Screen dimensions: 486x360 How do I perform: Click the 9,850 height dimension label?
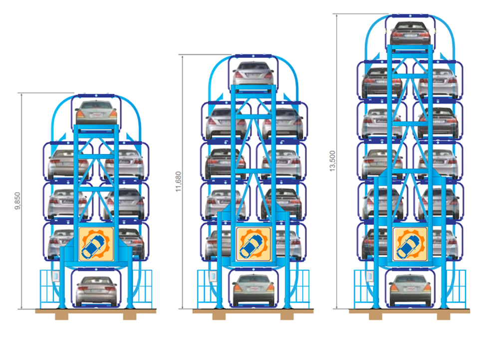pos(17,201)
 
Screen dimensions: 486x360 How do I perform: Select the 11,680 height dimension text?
pos(178,181)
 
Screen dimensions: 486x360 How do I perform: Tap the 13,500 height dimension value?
pos(332,161)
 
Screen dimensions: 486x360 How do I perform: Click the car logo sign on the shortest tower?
pos(96,244)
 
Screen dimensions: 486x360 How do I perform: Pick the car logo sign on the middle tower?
pos(253,244)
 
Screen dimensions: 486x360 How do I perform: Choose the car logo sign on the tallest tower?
pos(410,244)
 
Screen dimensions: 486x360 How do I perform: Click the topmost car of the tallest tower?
pos(410,33)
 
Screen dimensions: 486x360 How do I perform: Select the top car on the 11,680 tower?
pos(253,73)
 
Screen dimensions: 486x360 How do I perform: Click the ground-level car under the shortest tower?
pos(96,291)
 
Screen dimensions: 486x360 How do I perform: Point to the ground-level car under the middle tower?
pos(253,290)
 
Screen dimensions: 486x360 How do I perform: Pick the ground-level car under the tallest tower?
pos(410,290)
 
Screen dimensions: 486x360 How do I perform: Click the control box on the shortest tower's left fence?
pos(56,276)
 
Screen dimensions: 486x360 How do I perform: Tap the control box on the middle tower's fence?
pos(213,276)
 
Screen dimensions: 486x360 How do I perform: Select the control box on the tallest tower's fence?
pos(369,276)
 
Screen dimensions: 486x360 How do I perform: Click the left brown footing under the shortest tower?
pos(62,316)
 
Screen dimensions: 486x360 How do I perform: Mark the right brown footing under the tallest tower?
pos(444,316)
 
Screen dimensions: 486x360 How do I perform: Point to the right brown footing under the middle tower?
pos(287,316)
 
